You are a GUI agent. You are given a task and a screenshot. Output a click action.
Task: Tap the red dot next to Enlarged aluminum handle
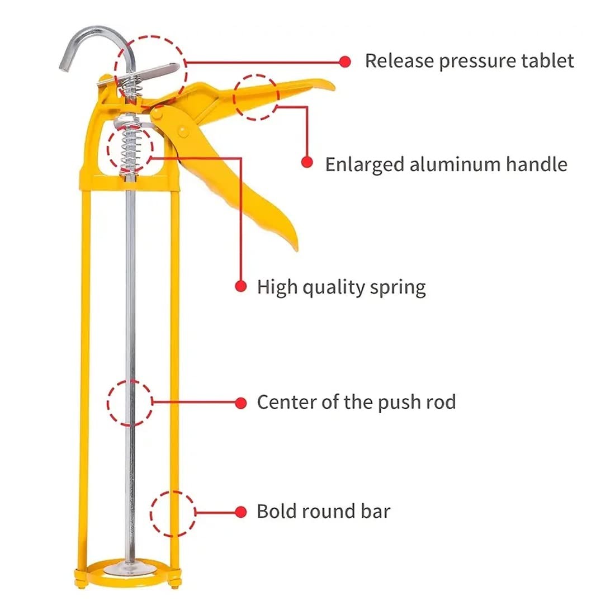pos(306,162)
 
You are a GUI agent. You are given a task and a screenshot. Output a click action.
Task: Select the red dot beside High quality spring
pos(240,286)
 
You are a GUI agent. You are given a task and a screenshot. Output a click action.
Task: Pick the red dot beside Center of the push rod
pos(241,402)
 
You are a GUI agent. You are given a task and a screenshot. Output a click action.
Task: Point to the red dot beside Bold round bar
pos(241,512)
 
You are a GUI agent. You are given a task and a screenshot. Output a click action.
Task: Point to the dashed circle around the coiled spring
pos(130,148)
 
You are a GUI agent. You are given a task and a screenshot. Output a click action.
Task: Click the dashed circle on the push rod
pos(130,403)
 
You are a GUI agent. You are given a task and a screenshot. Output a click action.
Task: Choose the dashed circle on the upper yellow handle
pos(256,97)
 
